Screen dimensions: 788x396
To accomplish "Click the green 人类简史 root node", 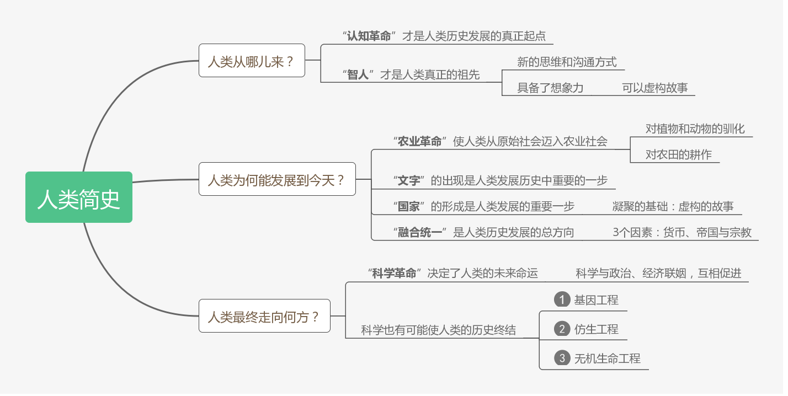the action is click(x=79, y=197).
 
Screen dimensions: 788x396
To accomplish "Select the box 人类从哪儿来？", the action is click(x=252, y=61).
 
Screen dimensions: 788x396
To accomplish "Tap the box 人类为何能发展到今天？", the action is click(x=277, y=179).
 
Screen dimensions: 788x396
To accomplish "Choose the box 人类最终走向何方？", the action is click(x=264, y=316).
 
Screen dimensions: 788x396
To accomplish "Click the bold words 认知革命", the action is click(x=369, y=36).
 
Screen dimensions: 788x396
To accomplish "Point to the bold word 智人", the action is click(x=358, y=74).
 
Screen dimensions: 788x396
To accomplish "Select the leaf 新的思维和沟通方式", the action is click(x=567, y=62).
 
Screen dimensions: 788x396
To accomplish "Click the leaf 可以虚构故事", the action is click(x=654, y=88).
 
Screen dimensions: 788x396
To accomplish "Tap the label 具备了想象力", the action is click(x=550, y=88).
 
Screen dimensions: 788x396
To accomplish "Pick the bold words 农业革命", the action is click(x=419, y=141).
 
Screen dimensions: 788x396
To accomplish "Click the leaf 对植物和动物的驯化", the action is click(x=695, y=129).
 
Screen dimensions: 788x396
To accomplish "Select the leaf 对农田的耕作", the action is click(x=678, y=154).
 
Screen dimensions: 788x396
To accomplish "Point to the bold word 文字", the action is click(x=408, y=180).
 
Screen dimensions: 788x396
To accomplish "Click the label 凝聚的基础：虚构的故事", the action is click(x=673, y=206).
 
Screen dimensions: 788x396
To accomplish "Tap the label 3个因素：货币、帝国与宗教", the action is click(x=681, y=232).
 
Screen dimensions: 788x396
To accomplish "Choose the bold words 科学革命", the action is click(x=394, y=273).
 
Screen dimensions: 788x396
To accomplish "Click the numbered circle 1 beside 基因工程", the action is click(x=562, y=299).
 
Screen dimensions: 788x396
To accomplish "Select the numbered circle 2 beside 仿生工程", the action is click(x=562, y=329).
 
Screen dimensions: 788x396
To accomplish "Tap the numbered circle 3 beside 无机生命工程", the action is click(x=562, y=358).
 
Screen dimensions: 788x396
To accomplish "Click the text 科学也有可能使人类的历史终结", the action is click(x=438, y=330).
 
